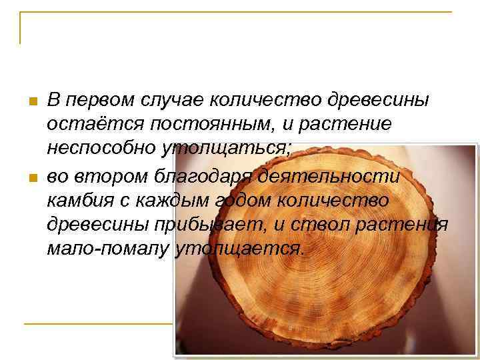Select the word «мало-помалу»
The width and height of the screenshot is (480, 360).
tap(107, 249)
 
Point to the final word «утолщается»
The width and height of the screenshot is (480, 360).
tap(239, 249)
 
